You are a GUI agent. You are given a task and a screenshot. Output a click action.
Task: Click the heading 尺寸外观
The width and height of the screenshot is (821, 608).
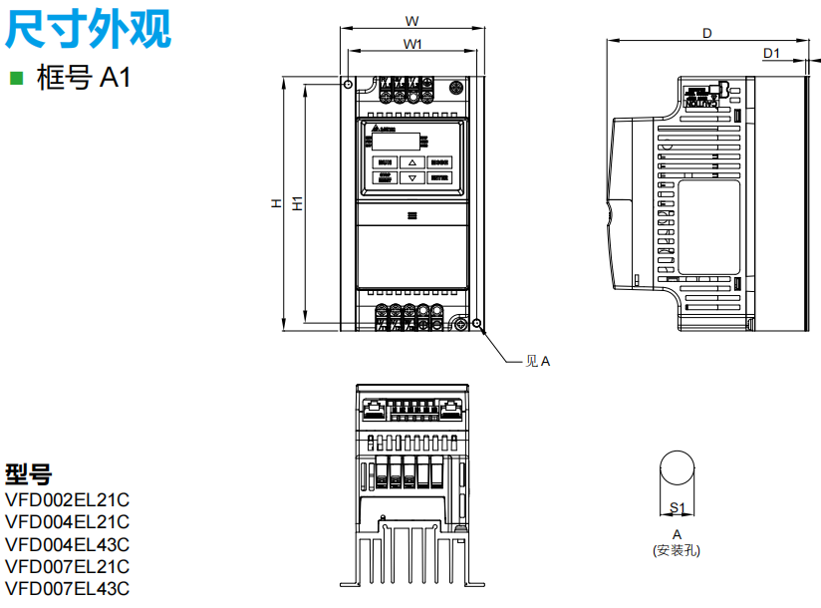[89, 29]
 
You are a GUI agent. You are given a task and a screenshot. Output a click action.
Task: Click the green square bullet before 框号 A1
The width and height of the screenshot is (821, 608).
[15, 77]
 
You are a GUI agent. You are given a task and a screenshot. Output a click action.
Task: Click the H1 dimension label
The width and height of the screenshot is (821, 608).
[297, 202]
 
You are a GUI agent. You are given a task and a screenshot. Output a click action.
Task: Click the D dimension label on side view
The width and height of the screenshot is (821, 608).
[706, 33]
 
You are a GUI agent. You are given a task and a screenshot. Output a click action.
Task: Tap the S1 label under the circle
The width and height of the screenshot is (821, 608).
[677, 507]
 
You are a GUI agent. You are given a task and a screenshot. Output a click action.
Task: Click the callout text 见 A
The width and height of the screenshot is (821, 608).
[537, 361]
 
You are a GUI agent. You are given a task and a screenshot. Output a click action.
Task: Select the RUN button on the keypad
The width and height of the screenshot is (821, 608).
[386, 161]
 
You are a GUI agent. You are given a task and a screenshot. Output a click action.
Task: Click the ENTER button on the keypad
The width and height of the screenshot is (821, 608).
[439, 178]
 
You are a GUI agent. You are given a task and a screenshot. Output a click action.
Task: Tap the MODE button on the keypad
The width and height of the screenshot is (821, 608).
[439, 161]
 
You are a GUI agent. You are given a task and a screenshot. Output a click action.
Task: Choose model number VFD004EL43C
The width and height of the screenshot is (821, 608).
[67, 544]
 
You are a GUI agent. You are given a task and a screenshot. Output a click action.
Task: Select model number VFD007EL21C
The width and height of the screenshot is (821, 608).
[67, 566]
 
